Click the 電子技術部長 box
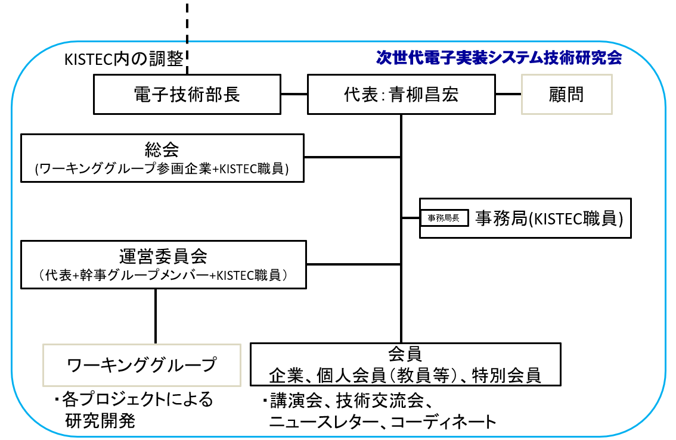[x=187, y=94]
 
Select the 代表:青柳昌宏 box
[x=401, y=94]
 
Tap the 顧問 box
[x=567, y=94]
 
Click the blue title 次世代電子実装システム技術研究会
[x=499, y=58]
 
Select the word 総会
[x=162, y=148]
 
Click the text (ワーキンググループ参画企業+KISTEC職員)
[x=162, y=169]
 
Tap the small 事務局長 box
[x=444, y=218]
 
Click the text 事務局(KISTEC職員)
[x=548, y=219]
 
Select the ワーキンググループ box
[x=142, y=364]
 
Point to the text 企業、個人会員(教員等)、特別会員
[x=405, y=375]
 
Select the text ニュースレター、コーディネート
[x=382, y=422]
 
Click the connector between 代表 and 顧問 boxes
[x=508, y=94]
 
